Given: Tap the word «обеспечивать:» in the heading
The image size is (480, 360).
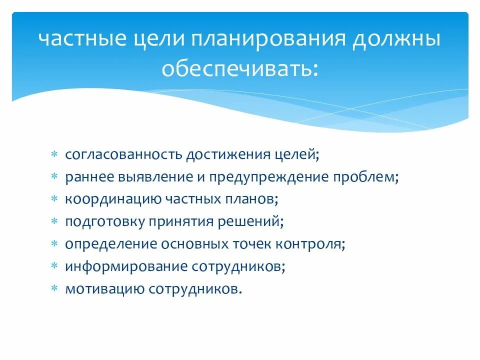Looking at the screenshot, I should click(239, 68).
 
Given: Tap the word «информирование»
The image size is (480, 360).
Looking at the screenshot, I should click(125, 266).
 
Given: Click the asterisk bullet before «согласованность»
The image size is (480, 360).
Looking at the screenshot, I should click(55, 154).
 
